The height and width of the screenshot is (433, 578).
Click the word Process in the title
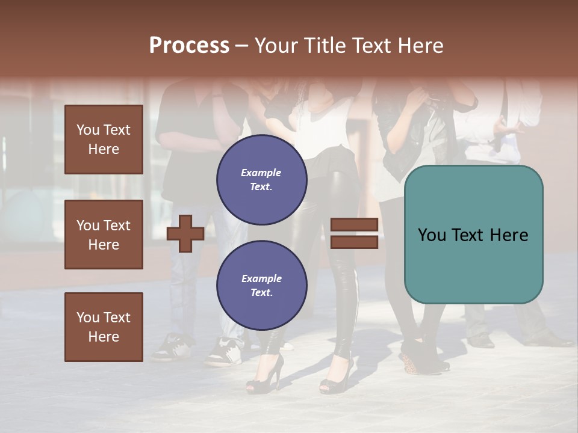click(189, 46)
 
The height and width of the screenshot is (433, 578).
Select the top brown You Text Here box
click(104, 140)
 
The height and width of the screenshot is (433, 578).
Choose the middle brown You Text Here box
click(104, 235)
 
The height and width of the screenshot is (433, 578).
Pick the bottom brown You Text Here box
click(104, 327)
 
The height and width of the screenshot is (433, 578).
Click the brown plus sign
click(185, 233)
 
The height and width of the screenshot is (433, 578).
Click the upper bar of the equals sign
click(354, 225)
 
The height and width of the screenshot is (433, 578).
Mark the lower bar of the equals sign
click(354, 242)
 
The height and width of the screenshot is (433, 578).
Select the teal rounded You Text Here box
click(473, 235)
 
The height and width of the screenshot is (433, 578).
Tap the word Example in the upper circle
click(261, 173)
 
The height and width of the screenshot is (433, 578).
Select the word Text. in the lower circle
click(261, 292)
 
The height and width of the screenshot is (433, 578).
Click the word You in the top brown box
click(88, 130)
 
